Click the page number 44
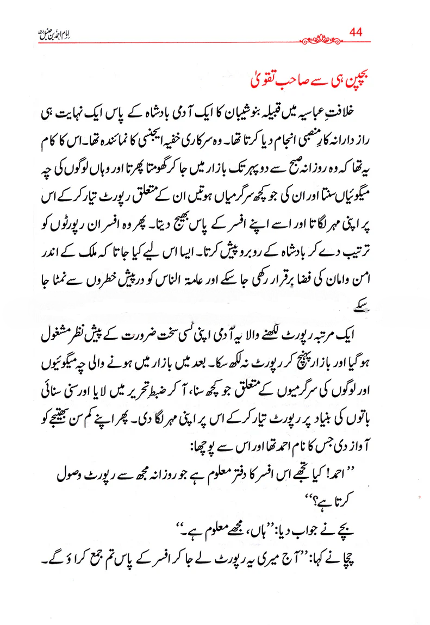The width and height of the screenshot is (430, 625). (356, 32)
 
